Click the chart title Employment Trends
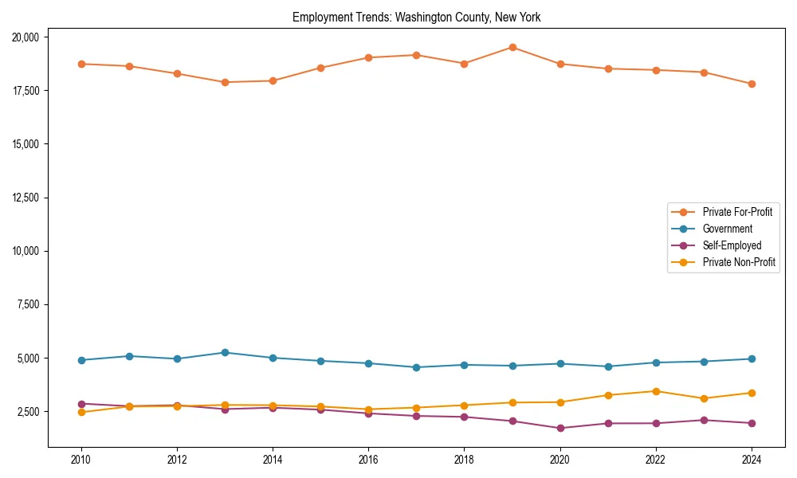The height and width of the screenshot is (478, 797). click(416, 17)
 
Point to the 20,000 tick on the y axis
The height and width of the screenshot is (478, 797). click(30, 37)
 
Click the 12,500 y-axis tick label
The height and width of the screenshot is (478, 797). click(30, 198)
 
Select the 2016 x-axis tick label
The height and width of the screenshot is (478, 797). click(368, 460)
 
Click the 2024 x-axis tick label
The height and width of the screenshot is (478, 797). click(751, 460)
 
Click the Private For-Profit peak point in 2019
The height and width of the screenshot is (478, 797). click(512, 47)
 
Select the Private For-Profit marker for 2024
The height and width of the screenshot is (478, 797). click(752, 84)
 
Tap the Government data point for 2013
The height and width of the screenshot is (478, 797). click(225, 352)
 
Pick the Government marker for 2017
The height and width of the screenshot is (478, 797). click(416, 367)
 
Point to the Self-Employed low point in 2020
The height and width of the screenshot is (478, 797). click(560, 428)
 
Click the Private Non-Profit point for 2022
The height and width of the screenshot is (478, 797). click(656, 391)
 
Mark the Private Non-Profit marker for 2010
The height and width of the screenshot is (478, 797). click(81, 412)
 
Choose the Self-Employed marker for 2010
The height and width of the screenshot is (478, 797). click(81, 404)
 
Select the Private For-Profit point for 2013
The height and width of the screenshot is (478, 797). click(225, 82)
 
